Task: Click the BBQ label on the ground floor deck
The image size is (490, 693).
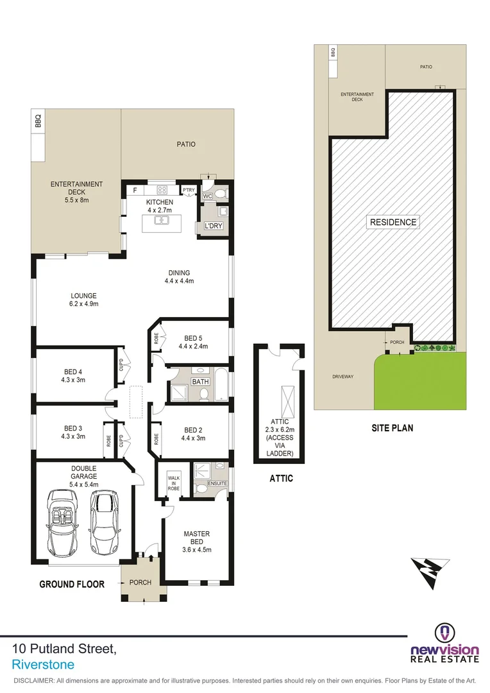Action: tap(38, 120)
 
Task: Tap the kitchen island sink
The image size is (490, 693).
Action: tap(163, 221)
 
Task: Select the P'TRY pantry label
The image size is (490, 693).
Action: tap(189, 190)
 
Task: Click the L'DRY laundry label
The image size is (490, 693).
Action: tap(212, 227)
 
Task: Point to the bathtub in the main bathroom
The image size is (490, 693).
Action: tap(220, 384)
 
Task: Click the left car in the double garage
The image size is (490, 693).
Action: tap(63, 524)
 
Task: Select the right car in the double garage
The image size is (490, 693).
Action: tap(104, 523)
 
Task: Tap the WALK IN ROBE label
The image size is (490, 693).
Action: tap(173, 482)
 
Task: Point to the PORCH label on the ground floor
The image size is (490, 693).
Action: tap(140, 583)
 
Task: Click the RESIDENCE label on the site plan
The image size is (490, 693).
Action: tap(393, 222)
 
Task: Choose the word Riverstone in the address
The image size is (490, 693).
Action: tap(43, 665)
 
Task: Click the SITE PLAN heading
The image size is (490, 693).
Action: tap(393, 427)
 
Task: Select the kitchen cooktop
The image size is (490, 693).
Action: tap(161, 190)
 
